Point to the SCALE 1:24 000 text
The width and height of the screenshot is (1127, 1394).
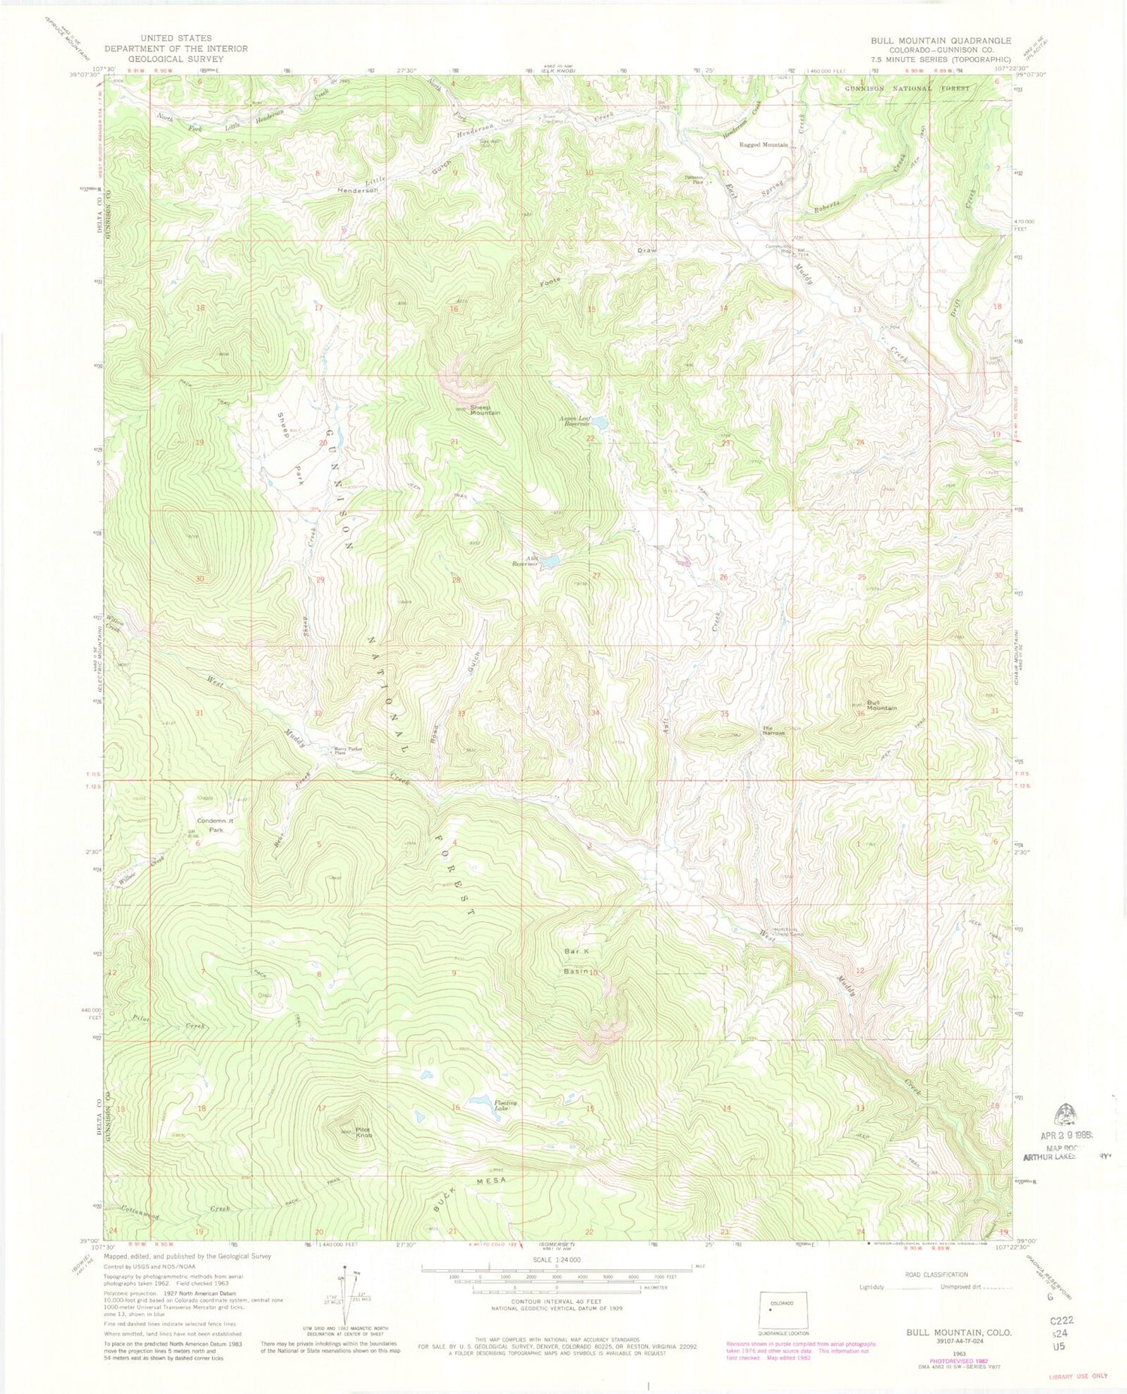[555, 1259]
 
